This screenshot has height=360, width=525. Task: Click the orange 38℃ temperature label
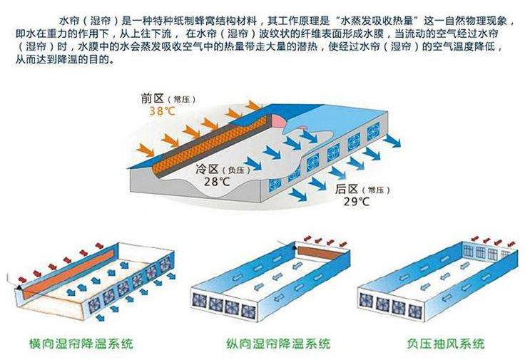(x=162, y=111)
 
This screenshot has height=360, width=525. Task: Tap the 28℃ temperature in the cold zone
(x=215, y=182)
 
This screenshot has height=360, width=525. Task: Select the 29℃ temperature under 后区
(x=357, y=202)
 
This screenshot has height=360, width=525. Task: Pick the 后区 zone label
(x=347, y=190)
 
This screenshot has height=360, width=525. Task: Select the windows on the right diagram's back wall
(x=483, y=252)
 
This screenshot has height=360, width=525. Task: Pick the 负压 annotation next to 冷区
(x=239, y=170)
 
